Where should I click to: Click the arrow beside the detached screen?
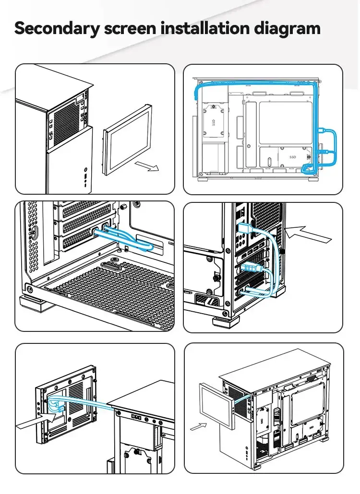pos(146,166)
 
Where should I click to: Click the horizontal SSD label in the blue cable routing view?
pos(293,157)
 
